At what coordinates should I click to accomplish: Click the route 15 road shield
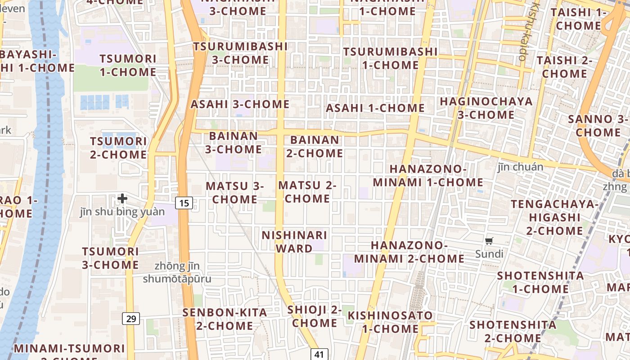tap(184, 203)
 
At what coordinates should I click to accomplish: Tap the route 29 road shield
tap(131, 319)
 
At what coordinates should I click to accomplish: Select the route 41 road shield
tap(319, 354)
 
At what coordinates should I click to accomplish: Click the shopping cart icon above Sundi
tap(489, 241)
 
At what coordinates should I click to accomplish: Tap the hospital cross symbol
tap(122, 198)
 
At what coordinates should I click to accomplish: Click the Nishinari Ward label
tap(294, 242)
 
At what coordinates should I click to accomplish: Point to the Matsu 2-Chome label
tap(307, 192)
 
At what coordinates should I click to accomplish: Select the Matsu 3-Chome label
tap(235, 193)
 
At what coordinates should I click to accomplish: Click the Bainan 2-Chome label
tap(315, 147)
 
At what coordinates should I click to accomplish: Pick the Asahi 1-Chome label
tap(375, 108)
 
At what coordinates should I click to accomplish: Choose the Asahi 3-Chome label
tap(240, 104)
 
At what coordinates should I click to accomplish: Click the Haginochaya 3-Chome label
tap(486, 108)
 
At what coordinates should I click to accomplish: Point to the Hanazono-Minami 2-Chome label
tap(409, 252)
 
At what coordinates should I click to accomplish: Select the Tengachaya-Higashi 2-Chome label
tap(554, 217)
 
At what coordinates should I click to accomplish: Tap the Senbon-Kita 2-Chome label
tap(225, 319)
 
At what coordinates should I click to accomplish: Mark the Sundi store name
tap(489, 254)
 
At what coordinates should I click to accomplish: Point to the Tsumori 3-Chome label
tap(110, 258)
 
